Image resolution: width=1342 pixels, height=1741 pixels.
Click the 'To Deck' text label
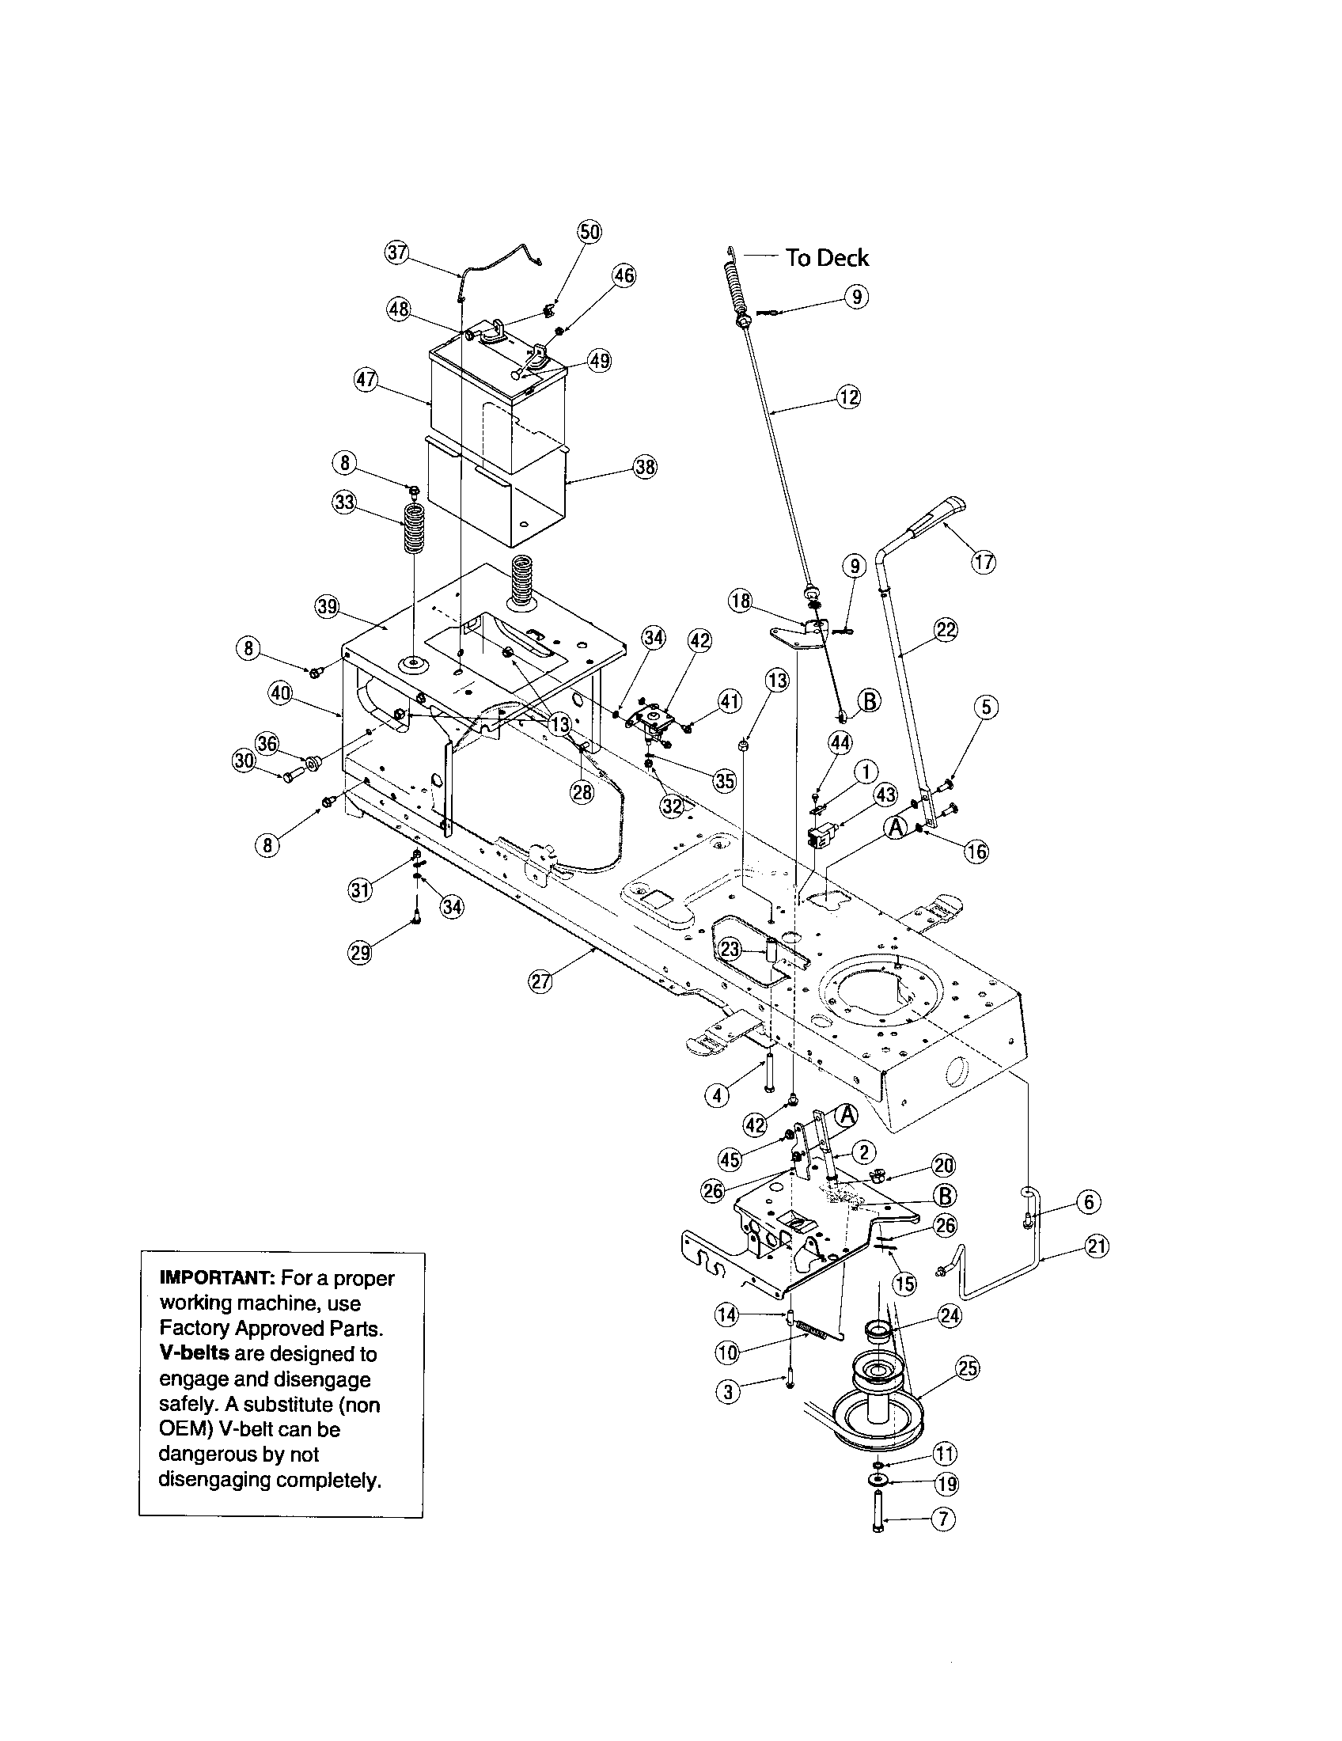click(826, 257)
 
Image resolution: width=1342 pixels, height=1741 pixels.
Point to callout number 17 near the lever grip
click(984, 562)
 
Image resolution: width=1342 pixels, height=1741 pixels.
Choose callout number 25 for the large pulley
click(967, 1368)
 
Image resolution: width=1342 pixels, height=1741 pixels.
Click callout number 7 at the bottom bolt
click(943, 1519)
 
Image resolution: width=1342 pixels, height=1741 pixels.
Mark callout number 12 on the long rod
click(849, 397)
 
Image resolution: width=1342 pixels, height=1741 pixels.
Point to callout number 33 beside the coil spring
click(344, 503)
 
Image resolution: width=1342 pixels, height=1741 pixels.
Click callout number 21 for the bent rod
click(1097, 1245)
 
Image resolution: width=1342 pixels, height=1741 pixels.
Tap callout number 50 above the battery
click(589, 232)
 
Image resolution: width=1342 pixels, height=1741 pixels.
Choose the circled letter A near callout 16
click(897, 829)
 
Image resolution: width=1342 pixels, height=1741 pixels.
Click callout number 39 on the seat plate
click(328, 608)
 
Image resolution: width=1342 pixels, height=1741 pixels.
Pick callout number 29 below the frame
click(361, 953)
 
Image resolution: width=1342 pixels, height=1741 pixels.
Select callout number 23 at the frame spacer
click(730, 949)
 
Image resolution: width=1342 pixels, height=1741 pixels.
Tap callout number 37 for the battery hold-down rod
click(396, 252)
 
